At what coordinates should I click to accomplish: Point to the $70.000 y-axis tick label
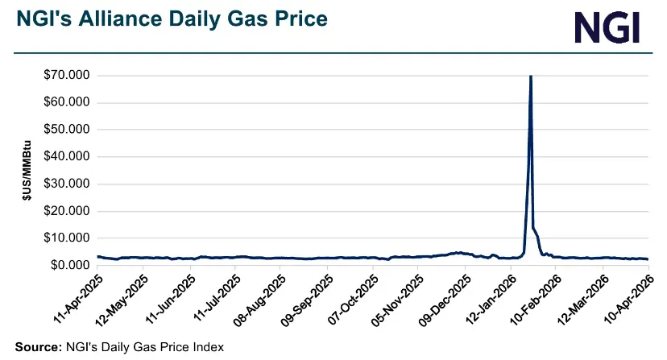pos(66,76)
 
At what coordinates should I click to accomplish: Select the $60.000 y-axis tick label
pos(66,102)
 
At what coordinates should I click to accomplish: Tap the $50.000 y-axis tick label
pos(66,130)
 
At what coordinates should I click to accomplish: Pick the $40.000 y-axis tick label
pos(66,157)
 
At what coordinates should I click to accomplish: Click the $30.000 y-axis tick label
pos(66,184)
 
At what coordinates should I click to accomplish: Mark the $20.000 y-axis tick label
pos(66,211)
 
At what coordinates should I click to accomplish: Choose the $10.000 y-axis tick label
pos(66,238)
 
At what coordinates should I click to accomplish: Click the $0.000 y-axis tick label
pos(69,265)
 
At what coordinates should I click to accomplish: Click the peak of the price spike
pos(530,77)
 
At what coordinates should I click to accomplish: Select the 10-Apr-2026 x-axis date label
pos(628,299)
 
